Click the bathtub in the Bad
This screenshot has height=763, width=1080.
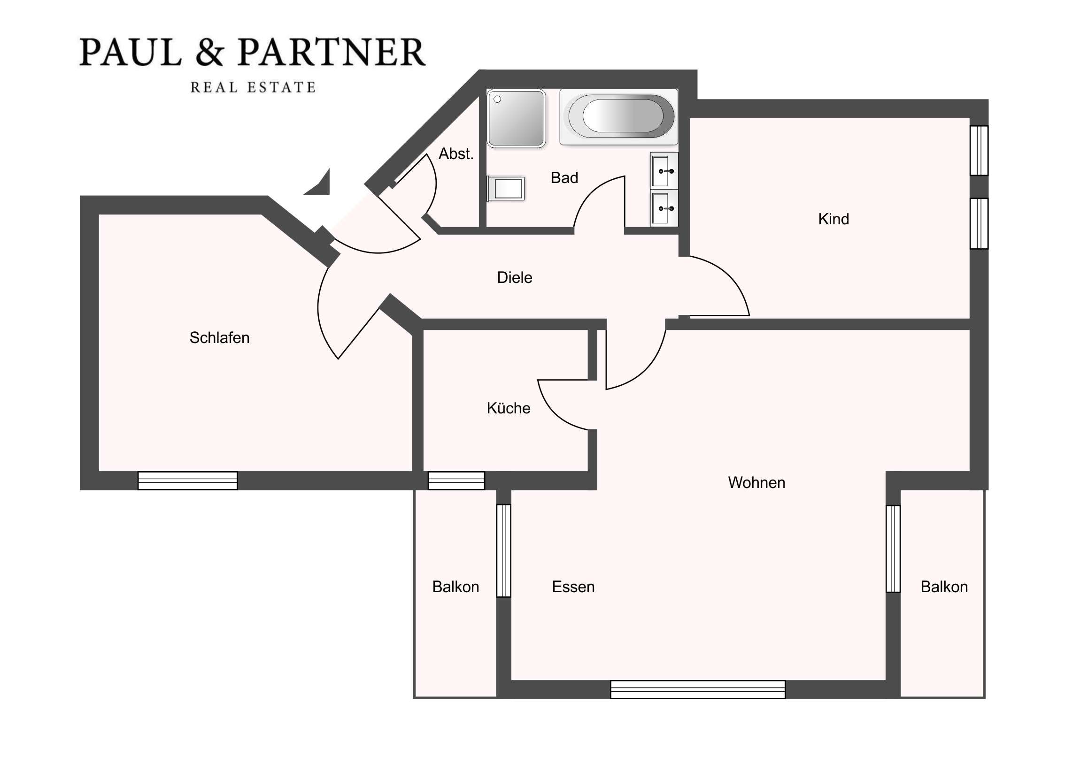click(618, 116)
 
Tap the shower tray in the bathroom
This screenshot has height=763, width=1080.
click(516, 118)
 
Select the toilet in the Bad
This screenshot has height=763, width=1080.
click(506, 189)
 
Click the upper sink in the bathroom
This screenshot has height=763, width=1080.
click(664, 171)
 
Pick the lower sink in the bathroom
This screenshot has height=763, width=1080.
click(664, 208)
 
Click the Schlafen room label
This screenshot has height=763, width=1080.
click(219, 337)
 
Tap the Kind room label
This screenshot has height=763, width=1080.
click(833, 219)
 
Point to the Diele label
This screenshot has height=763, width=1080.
click(515, 277)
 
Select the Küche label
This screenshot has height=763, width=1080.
click(509, 408)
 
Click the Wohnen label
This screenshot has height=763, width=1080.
click(757, 482)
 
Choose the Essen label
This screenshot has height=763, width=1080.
click(573, 587)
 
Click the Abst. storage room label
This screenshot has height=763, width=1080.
click(456, 154)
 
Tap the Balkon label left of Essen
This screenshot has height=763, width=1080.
click(455, 587)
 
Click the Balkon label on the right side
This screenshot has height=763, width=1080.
click(944, 587)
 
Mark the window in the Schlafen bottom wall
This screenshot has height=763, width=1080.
click(188, 481)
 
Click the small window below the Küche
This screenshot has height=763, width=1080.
click(456, 481)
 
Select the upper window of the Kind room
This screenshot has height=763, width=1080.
click(980, 151)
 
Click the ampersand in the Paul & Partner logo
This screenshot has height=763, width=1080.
click(209, 52)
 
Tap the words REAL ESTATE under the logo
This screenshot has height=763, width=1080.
click(253, 87)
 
